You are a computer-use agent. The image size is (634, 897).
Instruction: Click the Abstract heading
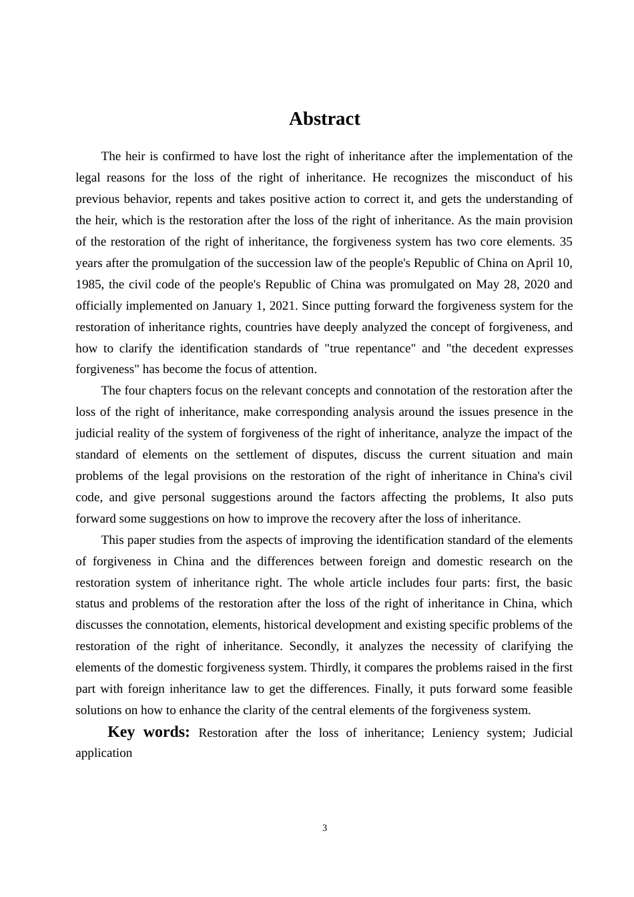(324, 119)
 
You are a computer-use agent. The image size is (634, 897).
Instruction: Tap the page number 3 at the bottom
(325, 828)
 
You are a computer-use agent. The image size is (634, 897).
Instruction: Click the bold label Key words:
(149, 732)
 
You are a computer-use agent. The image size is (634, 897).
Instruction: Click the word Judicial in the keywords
(553, 733)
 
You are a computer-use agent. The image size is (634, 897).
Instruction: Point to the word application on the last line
(104, 753)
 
